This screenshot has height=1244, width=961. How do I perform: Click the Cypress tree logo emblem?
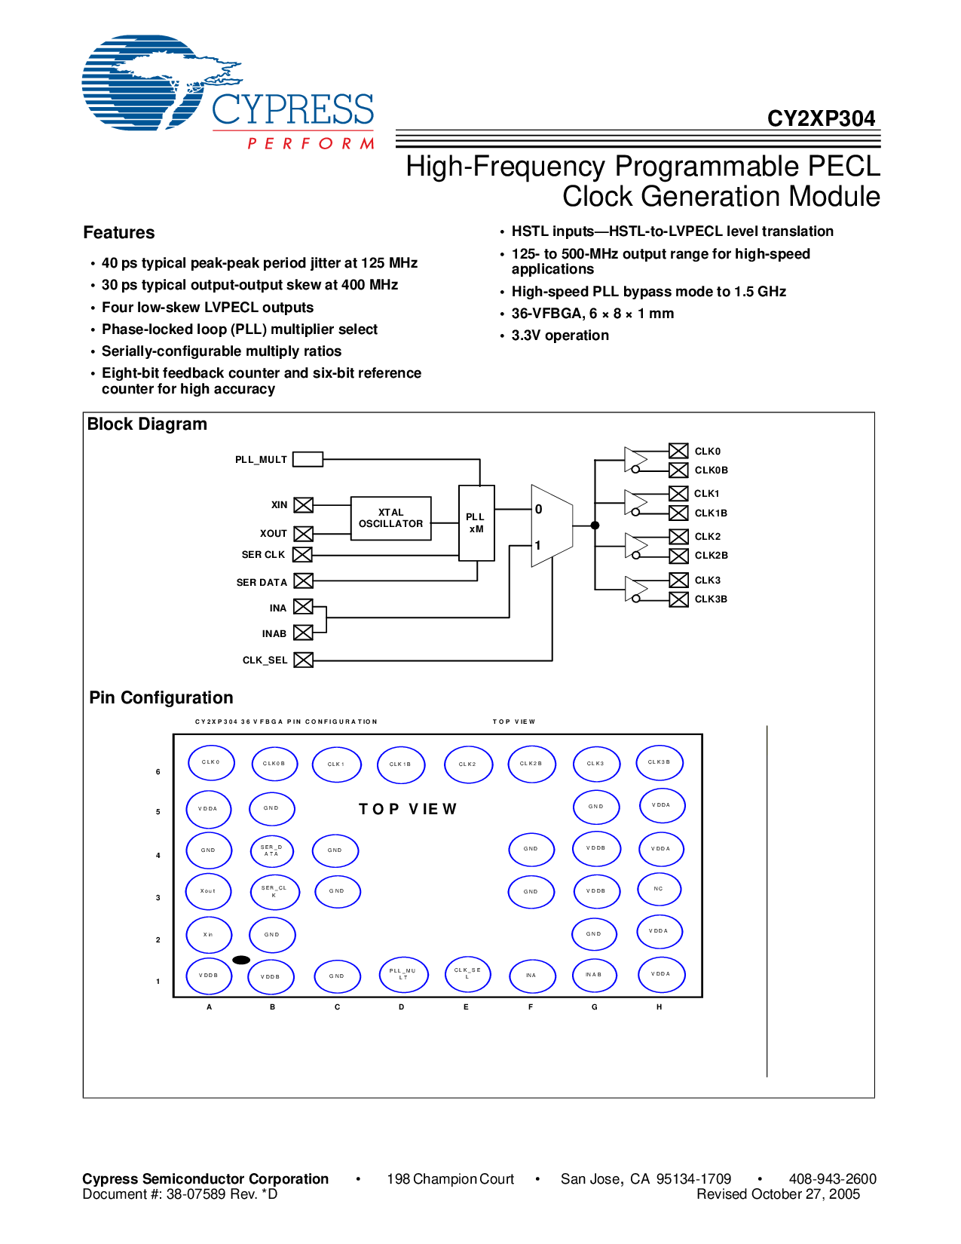point(143,83)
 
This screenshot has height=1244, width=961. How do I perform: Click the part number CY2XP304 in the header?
point(821,119)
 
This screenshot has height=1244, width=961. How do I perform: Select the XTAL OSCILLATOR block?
point(390,518)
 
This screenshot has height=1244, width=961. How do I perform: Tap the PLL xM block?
point(476,522)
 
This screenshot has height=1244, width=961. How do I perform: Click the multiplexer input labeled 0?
point(539,510)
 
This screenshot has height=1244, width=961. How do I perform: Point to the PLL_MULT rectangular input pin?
point(308,459)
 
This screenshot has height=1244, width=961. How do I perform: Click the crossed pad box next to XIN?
point(303,505)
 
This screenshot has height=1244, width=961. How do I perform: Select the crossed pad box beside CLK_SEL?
point(303,660)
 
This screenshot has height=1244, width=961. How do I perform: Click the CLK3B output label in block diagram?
point(711,599)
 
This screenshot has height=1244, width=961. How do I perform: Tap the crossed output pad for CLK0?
point(678,451)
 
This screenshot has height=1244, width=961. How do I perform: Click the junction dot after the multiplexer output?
point(595,525)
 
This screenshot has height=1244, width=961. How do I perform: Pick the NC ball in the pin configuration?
point(659,889)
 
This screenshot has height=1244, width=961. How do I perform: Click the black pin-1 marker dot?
point(241,960)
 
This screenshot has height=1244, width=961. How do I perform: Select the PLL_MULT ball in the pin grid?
point(403,975)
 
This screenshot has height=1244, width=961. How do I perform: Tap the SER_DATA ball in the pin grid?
point(271,850)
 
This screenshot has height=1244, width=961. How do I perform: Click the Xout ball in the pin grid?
point(208,891)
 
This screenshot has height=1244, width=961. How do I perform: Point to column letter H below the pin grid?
point(659,1007)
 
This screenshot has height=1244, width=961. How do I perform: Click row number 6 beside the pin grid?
point(158,772)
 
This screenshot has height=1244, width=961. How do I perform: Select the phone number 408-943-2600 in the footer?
point(832,1179)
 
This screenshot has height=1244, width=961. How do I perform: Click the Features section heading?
point(119,233)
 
